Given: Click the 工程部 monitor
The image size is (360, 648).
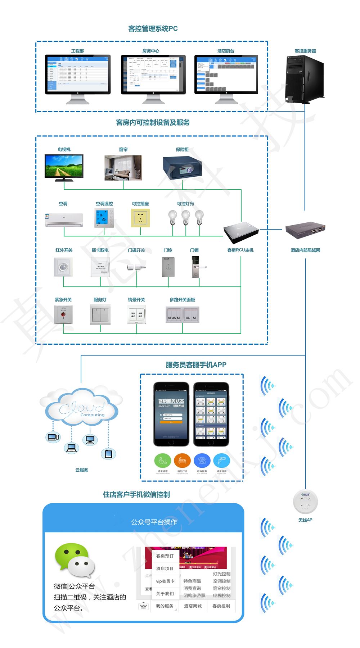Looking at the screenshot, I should point(77,74).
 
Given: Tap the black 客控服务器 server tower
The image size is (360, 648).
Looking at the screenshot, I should point(304,79).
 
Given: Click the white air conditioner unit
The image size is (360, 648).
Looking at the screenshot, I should point(64,219).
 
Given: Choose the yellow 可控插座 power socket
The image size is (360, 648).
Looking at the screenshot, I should point(140,218).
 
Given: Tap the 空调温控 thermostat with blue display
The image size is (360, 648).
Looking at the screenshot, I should point(104,218).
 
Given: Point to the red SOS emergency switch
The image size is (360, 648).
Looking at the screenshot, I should point(63,314).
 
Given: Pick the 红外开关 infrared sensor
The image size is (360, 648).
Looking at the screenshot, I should point(63,267).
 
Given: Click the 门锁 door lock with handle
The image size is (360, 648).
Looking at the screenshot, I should point(196,267).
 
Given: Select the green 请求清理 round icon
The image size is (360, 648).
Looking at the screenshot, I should point(163,461).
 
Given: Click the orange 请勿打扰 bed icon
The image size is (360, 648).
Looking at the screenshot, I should point(182,461).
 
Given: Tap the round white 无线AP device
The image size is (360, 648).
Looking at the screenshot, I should point(305,502).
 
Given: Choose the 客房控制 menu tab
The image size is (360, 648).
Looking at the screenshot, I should point(221,606).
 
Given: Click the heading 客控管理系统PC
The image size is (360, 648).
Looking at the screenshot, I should point(153,29).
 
